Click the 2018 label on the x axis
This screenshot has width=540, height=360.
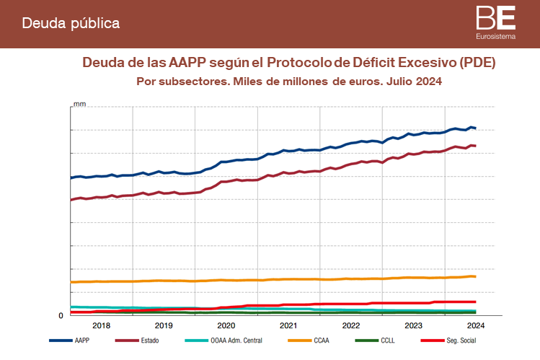(x=102, y=325)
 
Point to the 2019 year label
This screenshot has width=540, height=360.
(x=164, y=325)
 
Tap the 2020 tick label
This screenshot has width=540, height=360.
(x=226, y=325)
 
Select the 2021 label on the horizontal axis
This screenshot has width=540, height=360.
(x=288, y=325)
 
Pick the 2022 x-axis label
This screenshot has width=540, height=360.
(x=351, y=325)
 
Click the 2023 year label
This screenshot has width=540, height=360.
(x=413, y=325)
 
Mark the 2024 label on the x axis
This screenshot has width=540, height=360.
(x=475, y=325)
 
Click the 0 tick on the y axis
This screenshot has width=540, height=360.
(x=61, y=316)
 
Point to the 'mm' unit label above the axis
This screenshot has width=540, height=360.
(x=79, y=105)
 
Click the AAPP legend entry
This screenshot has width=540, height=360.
(x=81, y=341)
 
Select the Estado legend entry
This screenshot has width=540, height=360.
(x=149, y=341)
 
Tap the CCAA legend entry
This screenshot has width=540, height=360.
(x=324, y=341)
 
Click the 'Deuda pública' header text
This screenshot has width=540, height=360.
(x=71, y=24)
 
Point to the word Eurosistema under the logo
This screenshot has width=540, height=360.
(x=496, y=35)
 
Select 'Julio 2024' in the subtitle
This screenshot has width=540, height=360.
(x=413, y=82)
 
